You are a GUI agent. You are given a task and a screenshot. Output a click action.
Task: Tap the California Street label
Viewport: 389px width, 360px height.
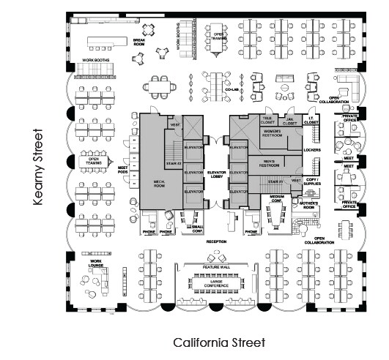(218, 342)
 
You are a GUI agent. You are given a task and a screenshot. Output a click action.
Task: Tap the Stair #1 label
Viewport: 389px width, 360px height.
(276, 179)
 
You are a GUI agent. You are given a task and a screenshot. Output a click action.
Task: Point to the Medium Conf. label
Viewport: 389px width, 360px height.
(277, 198)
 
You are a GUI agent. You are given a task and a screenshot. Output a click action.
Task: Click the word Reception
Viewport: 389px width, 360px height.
(218, 240)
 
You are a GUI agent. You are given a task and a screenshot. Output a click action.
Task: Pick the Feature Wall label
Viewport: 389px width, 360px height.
(216, 269)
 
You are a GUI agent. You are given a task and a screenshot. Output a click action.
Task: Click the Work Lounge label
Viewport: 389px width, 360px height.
(95, 262)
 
